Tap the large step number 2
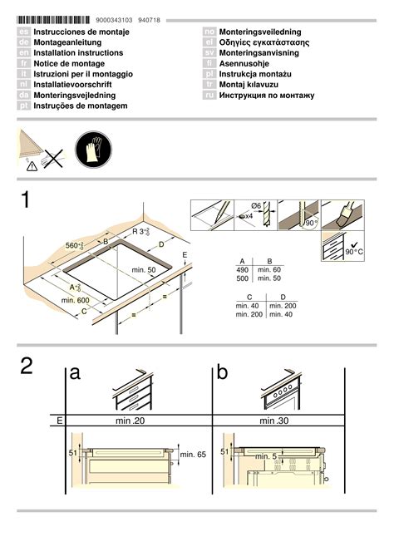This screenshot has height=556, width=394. [28, 367]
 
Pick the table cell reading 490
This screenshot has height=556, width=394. [243, 270]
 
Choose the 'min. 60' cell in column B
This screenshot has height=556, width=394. [270, 270]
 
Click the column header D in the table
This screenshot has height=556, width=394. [283, 297]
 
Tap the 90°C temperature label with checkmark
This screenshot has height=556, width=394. [355, 249]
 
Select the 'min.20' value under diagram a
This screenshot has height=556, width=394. [131, 421]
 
